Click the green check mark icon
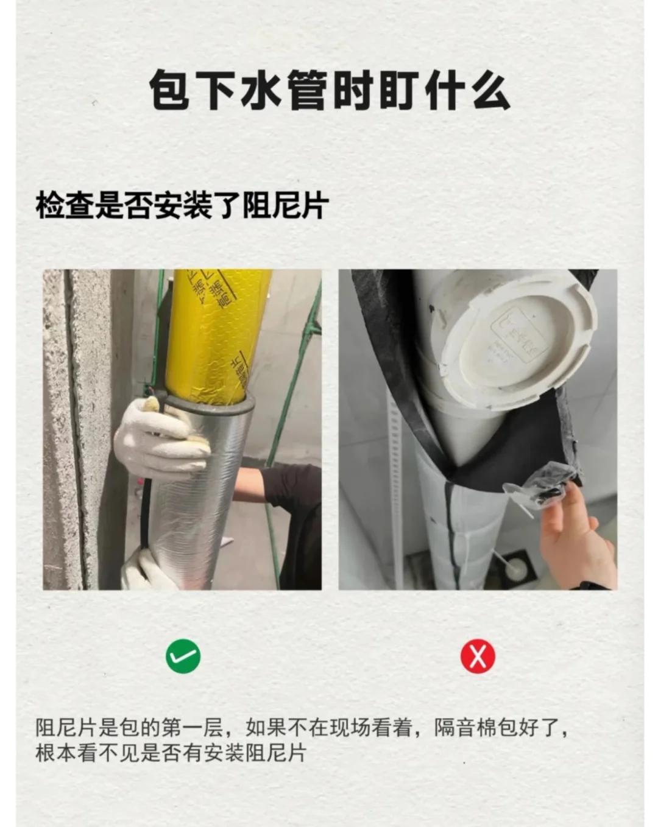click(x=183, y=656)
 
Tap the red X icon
click(x=478, y=656)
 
